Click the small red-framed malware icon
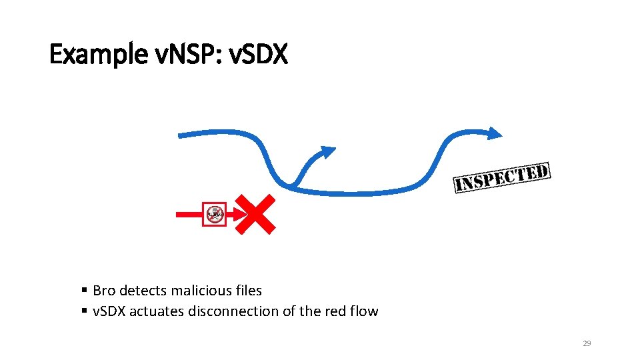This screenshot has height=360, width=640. point(215,214)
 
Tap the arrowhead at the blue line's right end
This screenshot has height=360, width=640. point(493,133)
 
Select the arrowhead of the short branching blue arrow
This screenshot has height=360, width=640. point(327,152)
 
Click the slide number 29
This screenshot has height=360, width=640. point(587,343)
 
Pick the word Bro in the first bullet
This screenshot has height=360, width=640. point(103,291)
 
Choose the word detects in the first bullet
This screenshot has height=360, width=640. point(143,291)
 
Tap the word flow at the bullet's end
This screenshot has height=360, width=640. point(364,311)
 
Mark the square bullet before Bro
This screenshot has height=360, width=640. point(85,291)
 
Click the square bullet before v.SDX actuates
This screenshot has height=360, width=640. point(85,311)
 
